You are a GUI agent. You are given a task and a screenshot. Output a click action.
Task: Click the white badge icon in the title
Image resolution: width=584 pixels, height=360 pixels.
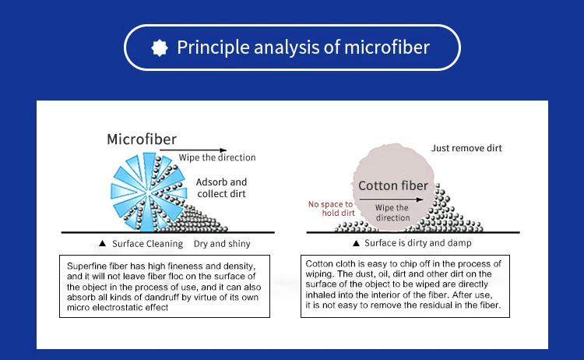160,48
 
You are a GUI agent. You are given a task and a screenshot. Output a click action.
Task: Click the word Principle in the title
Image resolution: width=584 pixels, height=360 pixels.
213,48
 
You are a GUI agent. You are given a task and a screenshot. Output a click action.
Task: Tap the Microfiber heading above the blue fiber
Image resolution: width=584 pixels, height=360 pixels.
142,139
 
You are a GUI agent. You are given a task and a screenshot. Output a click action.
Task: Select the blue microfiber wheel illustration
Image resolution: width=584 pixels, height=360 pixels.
149,192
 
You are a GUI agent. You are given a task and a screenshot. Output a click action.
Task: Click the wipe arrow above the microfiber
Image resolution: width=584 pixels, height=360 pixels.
193,150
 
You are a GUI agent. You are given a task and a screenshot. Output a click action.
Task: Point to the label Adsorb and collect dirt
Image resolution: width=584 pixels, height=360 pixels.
222,188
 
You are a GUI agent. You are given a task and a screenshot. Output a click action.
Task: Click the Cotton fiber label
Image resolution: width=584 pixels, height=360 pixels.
393,185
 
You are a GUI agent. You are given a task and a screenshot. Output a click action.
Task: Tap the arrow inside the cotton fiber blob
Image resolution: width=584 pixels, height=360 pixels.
392,199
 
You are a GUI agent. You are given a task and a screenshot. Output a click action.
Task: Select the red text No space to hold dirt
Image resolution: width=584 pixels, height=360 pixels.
331,208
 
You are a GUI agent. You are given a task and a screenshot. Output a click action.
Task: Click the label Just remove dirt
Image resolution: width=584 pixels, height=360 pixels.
466,148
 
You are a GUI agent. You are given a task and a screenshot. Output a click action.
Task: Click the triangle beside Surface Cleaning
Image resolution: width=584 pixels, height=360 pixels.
103,243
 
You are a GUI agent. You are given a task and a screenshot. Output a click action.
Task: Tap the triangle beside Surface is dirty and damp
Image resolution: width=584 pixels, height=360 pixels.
356,243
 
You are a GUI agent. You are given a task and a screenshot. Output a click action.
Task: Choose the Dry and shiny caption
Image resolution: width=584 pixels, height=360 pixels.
222,244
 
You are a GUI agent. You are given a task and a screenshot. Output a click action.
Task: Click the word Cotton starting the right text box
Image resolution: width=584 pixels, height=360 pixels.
318,264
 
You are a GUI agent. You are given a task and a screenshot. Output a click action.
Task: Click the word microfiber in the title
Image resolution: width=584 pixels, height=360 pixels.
387,48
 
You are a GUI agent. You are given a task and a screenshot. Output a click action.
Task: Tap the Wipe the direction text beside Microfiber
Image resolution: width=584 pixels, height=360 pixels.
217,157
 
